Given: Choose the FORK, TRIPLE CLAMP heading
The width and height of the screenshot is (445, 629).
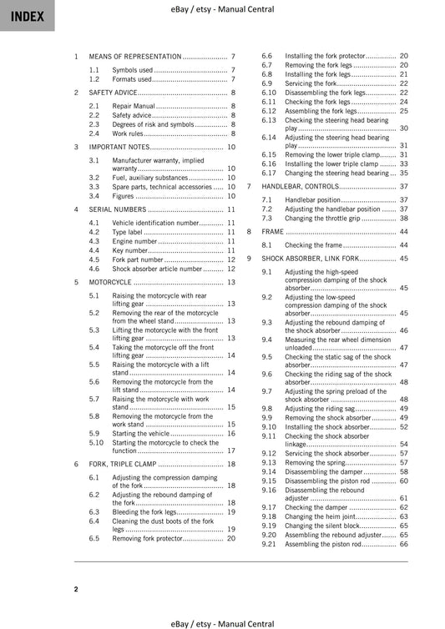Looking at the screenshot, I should (122, 463).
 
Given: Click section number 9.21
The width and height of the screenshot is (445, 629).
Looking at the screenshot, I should (269, 544).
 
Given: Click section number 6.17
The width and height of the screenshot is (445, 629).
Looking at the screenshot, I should (269, 173).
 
